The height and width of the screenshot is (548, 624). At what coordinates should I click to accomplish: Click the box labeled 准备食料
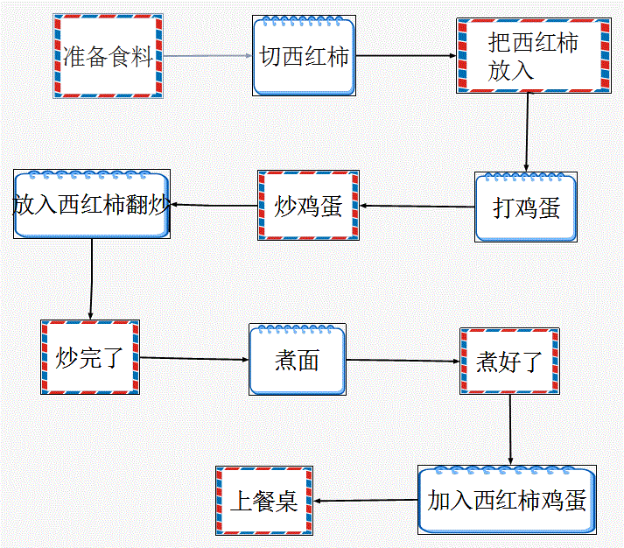coord(108,57)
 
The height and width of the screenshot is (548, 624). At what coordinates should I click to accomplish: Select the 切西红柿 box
coord(304,56)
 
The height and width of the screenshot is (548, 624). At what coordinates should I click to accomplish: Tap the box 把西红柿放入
coord(532,56)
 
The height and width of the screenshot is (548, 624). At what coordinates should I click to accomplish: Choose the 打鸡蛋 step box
coord(526,207)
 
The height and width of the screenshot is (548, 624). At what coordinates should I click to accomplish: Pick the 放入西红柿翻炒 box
coord(91,205)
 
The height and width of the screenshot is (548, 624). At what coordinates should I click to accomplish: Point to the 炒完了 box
coord(90,356)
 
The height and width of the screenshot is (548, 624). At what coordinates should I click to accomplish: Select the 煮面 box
coord(297,359)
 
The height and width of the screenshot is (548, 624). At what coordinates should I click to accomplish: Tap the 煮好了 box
coord(509,361)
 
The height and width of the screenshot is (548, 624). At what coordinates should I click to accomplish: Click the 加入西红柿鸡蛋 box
coord(507,500)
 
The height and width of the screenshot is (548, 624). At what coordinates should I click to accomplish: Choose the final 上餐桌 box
coord(263,501)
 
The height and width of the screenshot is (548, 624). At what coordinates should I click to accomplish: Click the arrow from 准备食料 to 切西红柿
coord(207,56)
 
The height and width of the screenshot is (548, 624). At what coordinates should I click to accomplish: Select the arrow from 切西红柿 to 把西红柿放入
coord(406,56)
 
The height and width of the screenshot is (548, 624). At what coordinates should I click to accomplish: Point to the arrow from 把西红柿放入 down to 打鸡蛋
coord(527,131)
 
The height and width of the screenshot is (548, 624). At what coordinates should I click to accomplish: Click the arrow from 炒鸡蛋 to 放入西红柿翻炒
coord(213,206)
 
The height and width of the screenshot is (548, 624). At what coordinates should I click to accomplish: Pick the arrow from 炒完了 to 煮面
coord(194,358)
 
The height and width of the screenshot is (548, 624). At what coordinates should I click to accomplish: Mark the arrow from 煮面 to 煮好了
coord(403,360)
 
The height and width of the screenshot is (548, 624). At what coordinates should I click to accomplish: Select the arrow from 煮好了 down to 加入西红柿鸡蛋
coord(510,428)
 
